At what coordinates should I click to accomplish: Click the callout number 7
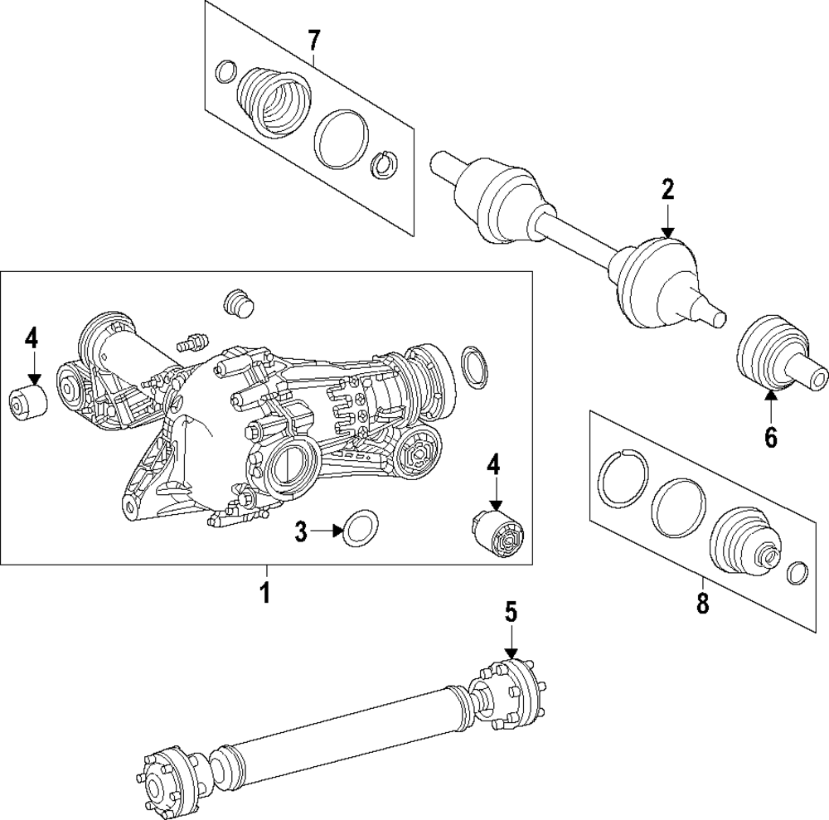point(313,38)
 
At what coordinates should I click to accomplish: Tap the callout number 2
point(668,189)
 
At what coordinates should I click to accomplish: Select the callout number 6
point(771,436)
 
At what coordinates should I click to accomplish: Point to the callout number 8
point(702,604)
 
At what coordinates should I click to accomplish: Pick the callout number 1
point(266,594)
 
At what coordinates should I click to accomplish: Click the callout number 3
point(303,531)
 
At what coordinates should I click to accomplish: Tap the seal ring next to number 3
point(359,528)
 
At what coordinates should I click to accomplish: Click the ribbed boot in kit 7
point(272,100)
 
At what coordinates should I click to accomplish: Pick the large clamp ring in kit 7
point(341,137)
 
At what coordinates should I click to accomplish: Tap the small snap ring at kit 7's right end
point(383,164)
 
